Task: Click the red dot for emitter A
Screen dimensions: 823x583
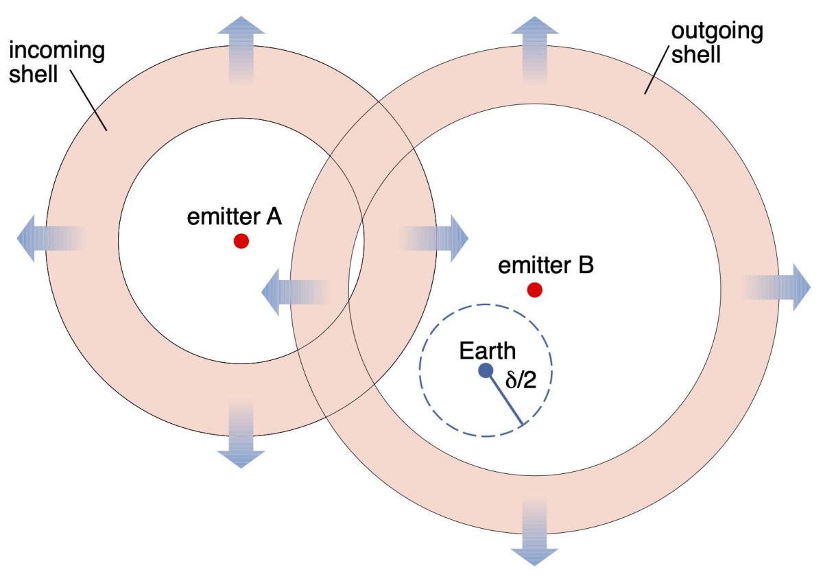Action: (x=241, y=241)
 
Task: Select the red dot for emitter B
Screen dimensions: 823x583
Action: (x=534, y=290)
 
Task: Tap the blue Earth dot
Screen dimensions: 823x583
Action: (x=486, y=370)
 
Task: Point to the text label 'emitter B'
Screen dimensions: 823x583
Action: (x=546, y=265)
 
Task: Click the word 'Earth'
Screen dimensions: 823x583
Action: (x=488, y=350)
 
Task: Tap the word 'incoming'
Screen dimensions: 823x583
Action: (x=57, y=50)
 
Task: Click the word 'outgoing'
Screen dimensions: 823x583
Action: (x=717, y=32)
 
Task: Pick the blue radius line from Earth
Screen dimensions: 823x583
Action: (x=504, y=398)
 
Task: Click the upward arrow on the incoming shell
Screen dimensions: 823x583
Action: (x=241, y=50)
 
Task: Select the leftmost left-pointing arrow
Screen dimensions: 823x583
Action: (x=51, y=239)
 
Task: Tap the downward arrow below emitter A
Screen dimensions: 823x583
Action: (x=241, y=434)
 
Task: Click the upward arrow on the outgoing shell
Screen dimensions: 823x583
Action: (x=534, y=50)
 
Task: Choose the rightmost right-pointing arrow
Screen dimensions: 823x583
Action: (x=777, y=287)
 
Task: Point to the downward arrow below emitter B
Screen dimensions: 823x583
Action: (x=534, y=532)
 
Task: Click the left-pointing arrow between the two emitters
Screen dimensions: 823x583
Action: (x=296, y=292)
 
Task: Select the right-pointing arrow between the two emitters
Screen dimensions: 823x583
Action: (x=434, y=239)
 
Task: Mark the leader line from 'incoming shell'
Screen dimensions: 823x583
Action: (x=88, y=100)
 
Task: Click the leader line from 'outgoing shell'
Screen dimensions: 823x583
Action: (x=656, y=71)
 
